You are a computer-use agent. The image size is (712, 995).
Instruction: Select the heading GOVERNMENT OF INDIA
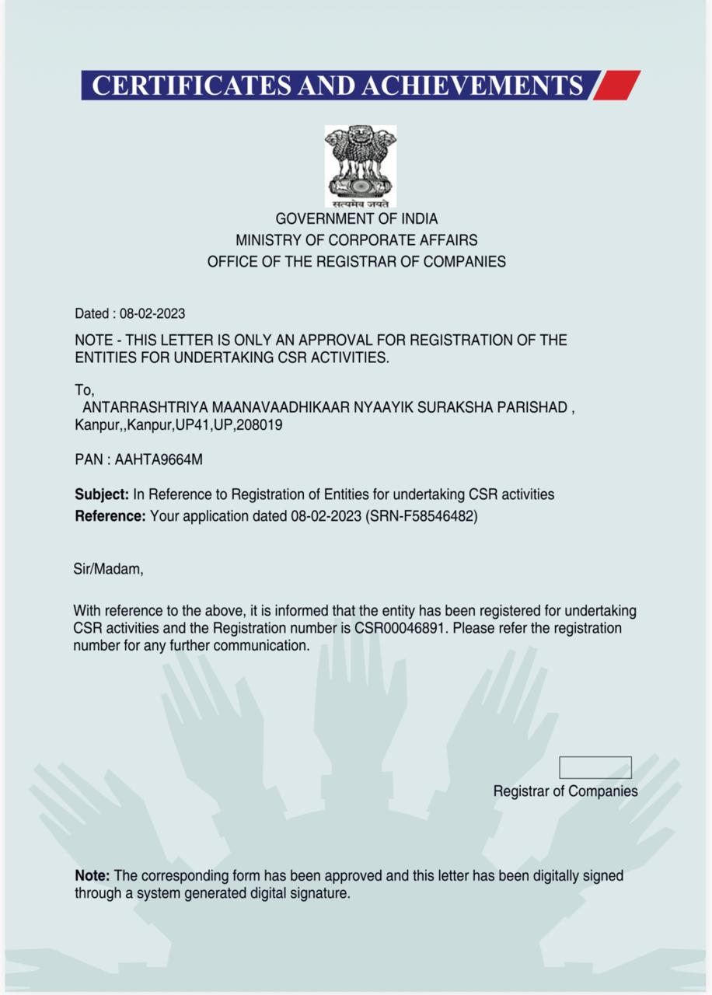point(357,219)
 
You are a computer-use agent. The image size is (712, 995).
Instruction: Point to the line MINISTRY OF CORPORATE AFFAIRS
point(357,240)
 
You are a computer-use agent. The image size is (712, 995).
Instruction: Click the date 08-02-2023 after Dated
point(152,314)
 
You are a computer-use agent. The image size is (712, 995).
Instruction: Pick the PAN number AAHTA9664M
point(159,459)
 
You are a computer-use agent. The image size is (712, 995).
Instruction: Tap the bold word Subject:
point(102,494)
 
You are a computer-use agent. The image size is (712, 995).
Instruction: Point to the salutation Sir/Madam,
point(109,570)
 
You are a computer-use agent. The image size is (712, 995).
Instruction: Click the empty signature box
point(595,767)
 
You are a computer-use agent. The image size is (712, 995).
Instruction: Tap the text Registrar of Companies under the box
point(565,791)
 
